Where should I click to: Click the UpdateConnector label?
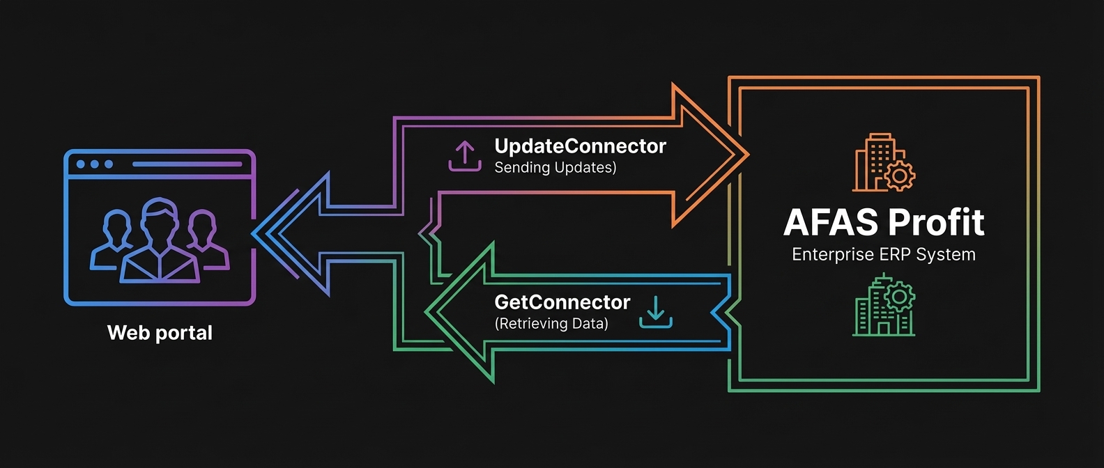tap(580, 146)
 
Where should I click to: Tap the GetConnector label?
tap(562, 302)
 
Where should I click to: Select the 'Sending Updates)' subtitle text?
tap(555, 168)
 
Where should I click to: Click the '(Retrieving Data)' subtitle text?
tap(551, 324)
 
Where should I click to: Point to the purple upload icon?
tap(465, 156)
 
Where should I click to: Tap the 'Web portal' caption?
tap(160, 333)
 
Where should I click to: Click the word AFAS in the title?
tap(830, 223)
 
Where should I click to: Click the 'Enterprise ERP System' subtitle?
tap(884, 255)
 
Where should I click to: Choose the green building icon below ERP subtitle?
tap(882, 306)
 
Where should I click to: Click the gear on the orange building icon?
tap(900, 176)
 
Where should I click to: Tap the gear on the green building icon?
tap(900, 297)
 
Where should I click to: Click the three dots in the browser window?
tap(95, 164)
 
